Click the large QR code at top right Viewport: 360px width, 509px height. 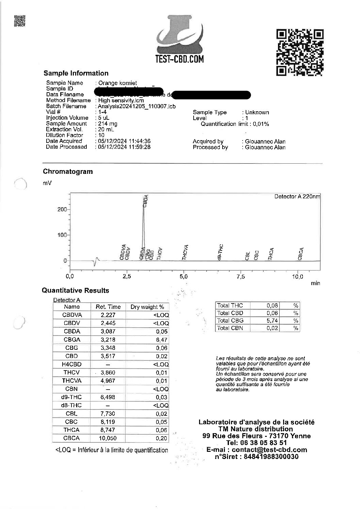pyautogui.click(x=300, y=52)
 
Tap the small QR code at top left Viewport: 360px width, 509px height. pyautogui.click(x=20, y=21)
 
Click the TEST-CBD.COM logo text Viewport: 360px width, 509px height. pyautogui.click(x=180, y=59)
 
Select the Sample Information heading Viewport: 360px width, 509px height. pyautogui.click(x=76, y=73)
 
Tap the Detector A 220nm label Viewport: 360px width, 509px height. pyautogui.click(x=297, y=197)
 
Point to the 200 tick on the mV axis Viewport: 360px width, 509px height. pyautogui.click(x=62, y=209)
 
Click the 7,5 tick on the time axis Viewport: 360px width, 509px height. pyautogui.click(x=240, y=277)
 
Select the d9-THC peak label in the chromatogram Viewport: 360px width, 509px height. pyautogui.click(x=220, y=252)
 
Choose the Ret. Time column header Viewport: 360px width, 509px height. pyautogui.click(x=108, y=307)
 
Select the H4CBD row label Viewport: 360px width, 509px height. pyautogui.click(x=71, y=364)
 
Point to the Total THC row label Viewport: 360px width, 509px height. pyautogui.click(x=230, y=306)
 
